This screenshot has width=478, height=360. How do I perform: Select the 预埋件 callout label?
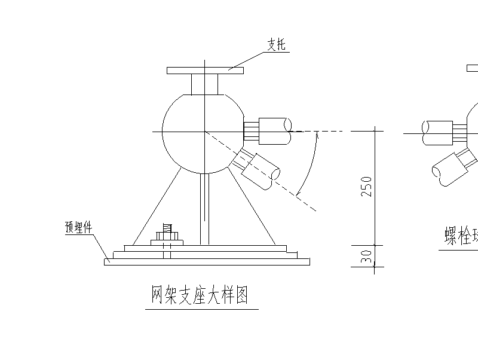click(x=78, y=227)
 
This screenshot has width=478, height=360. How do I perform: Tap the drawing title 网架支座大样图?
click(x=200, y=295)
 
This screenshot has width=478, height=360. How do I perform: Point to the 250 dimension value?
click(x=367, y=187)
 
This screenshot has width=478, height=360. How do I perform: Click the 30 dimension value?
click(x=367, y=257)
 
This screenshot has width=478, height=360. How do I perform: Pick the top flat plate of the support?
click(x=205, y=71)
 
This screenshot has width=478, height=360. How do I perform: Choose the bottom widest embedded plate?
click(x=207, y=261)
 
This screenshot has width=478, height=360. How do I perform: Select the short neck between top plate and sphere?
click(x=204, y=84)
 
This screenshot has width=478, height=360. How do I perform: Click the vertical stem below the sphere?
click(x=204, y=209)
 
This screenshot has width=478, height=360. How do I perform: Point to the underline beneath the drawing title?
click(x=201, y=309)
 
